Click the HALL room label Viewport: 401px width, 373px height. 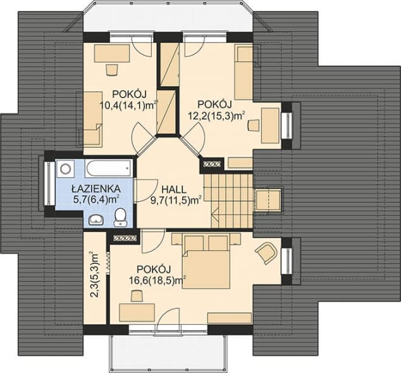coord(174,190)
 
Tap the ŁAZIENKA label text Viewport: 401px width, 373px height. coord(96,188)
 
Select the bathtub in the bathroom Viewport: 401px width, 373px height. coord(109,168)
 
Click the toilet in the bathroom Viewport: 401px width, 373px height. coord(120,217)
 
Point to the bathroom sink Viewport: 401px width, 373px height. coord(96,219)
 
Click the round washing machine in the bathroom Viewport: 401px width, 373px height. coord(65,169)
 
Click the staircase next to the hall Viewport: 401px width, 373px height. coord(228,201)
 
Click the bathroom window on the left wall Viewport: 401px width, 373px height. coord(50,183)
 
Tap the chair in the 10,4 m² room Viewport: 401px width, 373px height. coord(111,70)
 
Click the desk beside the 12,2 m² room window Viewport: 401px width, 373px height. coord(270,126)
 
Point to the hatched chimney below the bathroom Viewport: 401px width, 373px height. coord(125,238)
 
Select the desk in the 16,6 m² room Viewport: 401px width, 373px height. coord(137,312)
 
